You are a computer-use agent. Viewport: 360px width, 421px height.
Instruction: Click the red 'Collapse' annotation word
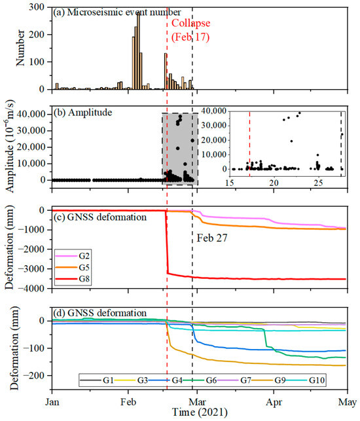click(190, 24)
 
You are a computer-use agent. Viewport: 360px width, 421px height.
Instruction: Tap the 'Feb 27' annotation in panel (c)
click(212, 238)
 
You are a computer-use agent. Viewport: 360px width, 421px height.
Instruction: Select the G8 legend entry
click(73, 279)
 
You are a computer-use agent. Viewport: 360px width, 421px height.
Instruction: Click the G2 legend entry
click(73, 256)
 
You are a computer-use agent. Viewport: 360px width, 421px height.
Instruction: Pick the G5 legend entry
click(73, 267)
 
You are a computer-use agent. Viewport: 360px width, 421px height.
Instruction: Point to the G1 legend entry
click(97, 380)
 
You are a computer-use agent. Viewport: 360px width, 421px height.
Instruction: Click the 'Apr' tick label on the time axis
click(274, 402)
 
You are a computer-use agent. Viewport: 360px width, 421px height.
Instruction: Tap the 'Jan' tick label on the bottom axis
click(52, 402)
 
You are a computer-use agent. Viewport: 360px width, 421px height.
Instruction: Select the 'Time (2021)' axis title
click(200, 412)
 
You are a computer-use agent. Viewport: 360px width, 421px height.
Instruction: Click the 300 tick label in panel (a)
click(37, 7)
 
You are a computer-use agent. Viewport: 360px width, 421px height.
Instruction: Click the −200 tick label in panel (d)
click(34, 376)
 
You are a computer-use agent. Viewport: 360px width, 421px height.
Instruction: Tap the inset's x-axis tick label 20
click(274, 183)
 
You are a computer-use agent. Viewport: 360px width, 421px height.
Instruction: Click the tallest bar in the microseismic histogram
click(139, 51)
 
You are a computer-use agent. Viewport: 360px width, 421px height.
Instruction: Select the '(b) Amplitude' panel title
click(83, 112)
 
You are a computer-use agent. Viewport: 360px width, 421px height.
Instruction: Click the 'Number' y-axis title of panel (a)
click(20, 48)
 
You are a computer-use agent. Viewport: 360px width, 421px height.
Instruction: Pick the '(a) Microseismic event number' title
click(117, 12)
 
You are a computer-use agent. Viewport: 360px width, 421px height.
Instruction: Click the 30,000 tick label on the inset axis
click(214, 126)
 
